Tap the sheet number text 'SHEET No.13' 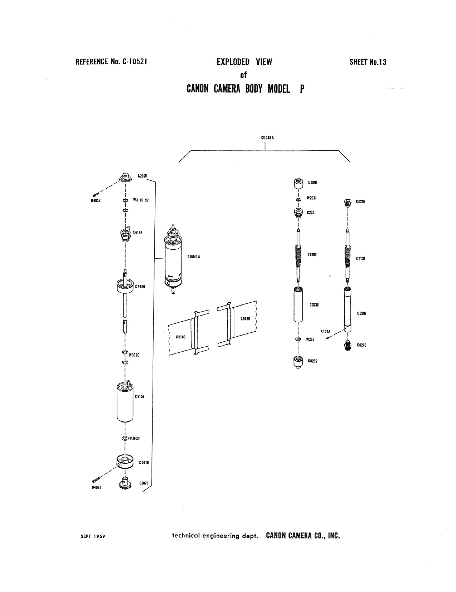tap(368, 62)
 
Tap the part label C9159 tap(140, 397)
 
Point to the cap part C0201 tap(298, 183)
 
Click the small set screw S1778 tap(328, 338)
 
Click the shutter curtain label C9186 tap(181, 337)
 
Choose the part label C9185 tap(245, 319)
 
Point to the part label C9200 tap(312, 255)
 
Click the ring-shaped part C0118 tap(125, 462)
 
